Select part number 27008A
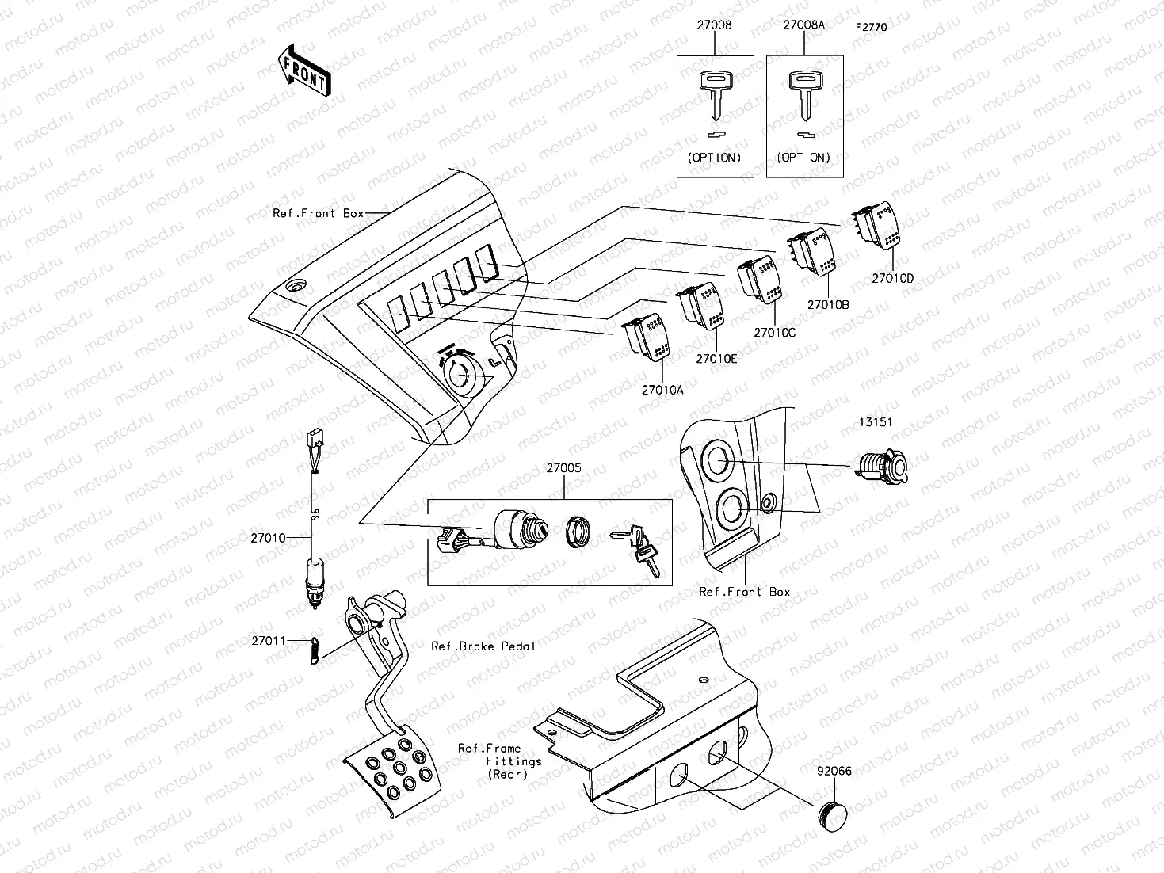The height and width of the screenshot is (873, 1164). tap(803, 25)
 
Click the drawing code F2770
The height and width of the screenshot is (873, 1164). tap(871, 27)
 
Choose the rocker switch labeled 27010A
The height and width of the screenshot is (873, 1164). tap(649, 338)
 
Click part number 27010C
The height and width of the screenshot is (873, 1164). tap(774, 333)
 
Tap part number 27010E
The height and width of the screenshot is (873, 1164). tap(716, 359)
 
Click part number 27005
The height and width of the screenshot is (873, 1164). tap(563, 468)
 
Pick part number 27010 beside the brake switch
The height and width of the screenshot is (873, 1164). tap(268, 538)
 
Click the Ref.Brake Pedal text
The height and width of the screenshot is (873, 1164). tap(483, 646)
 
